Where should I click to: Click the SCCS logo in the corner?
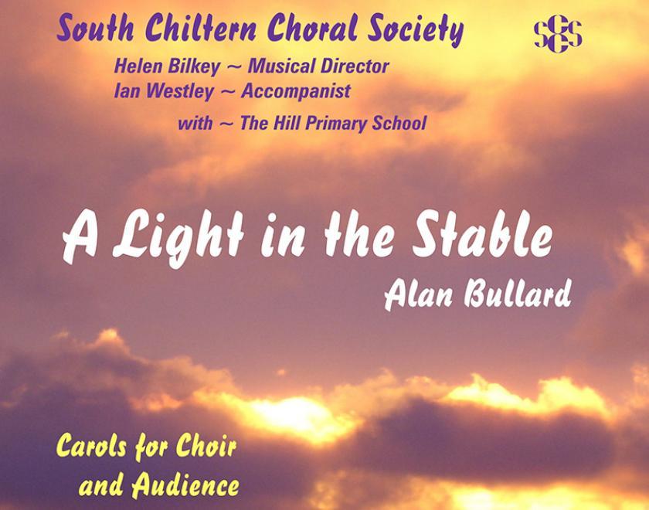click(558, 35)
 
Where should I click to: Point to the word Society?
click(411, 31)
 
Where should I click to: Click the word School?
click(401, 123)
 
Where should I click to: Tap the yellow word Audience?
click(185, 486)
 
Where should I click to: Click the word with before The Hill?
click(195, 123)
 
